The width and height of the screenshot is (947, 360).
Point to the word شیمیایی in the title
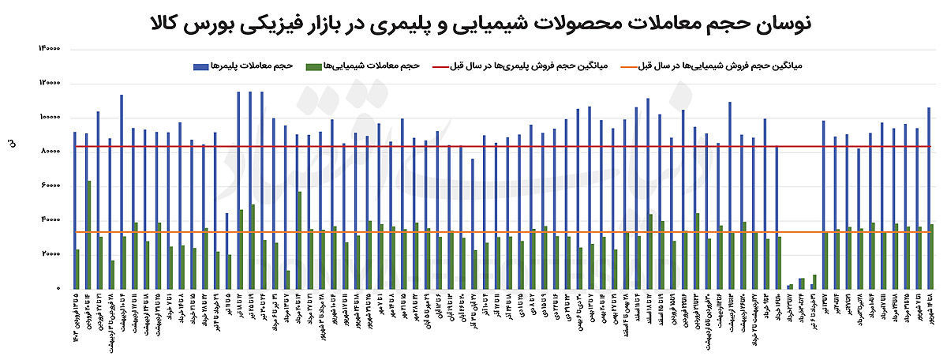pyautogui.click(x=482, y=23)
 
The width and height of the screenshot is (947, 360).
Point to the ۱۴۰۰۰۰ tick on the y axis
pyautogui.click(x=50, y=49)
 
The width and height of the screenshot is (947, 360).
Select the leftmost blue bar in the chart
pyautogui.click(x=74, y=210)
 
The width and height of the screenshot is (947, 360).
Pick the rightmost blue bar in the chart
pyautogui.click(x=929, y=197)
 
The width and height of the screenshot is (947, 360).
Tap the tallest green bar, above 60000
pyautogui.click(x=89, y=234)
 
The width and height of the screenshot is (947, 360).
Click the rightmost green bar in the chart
pyautogui.click(x=933, y=257)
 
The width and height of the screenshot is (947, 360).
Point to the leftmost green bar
pyautogui.click(x=77, y=269)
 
